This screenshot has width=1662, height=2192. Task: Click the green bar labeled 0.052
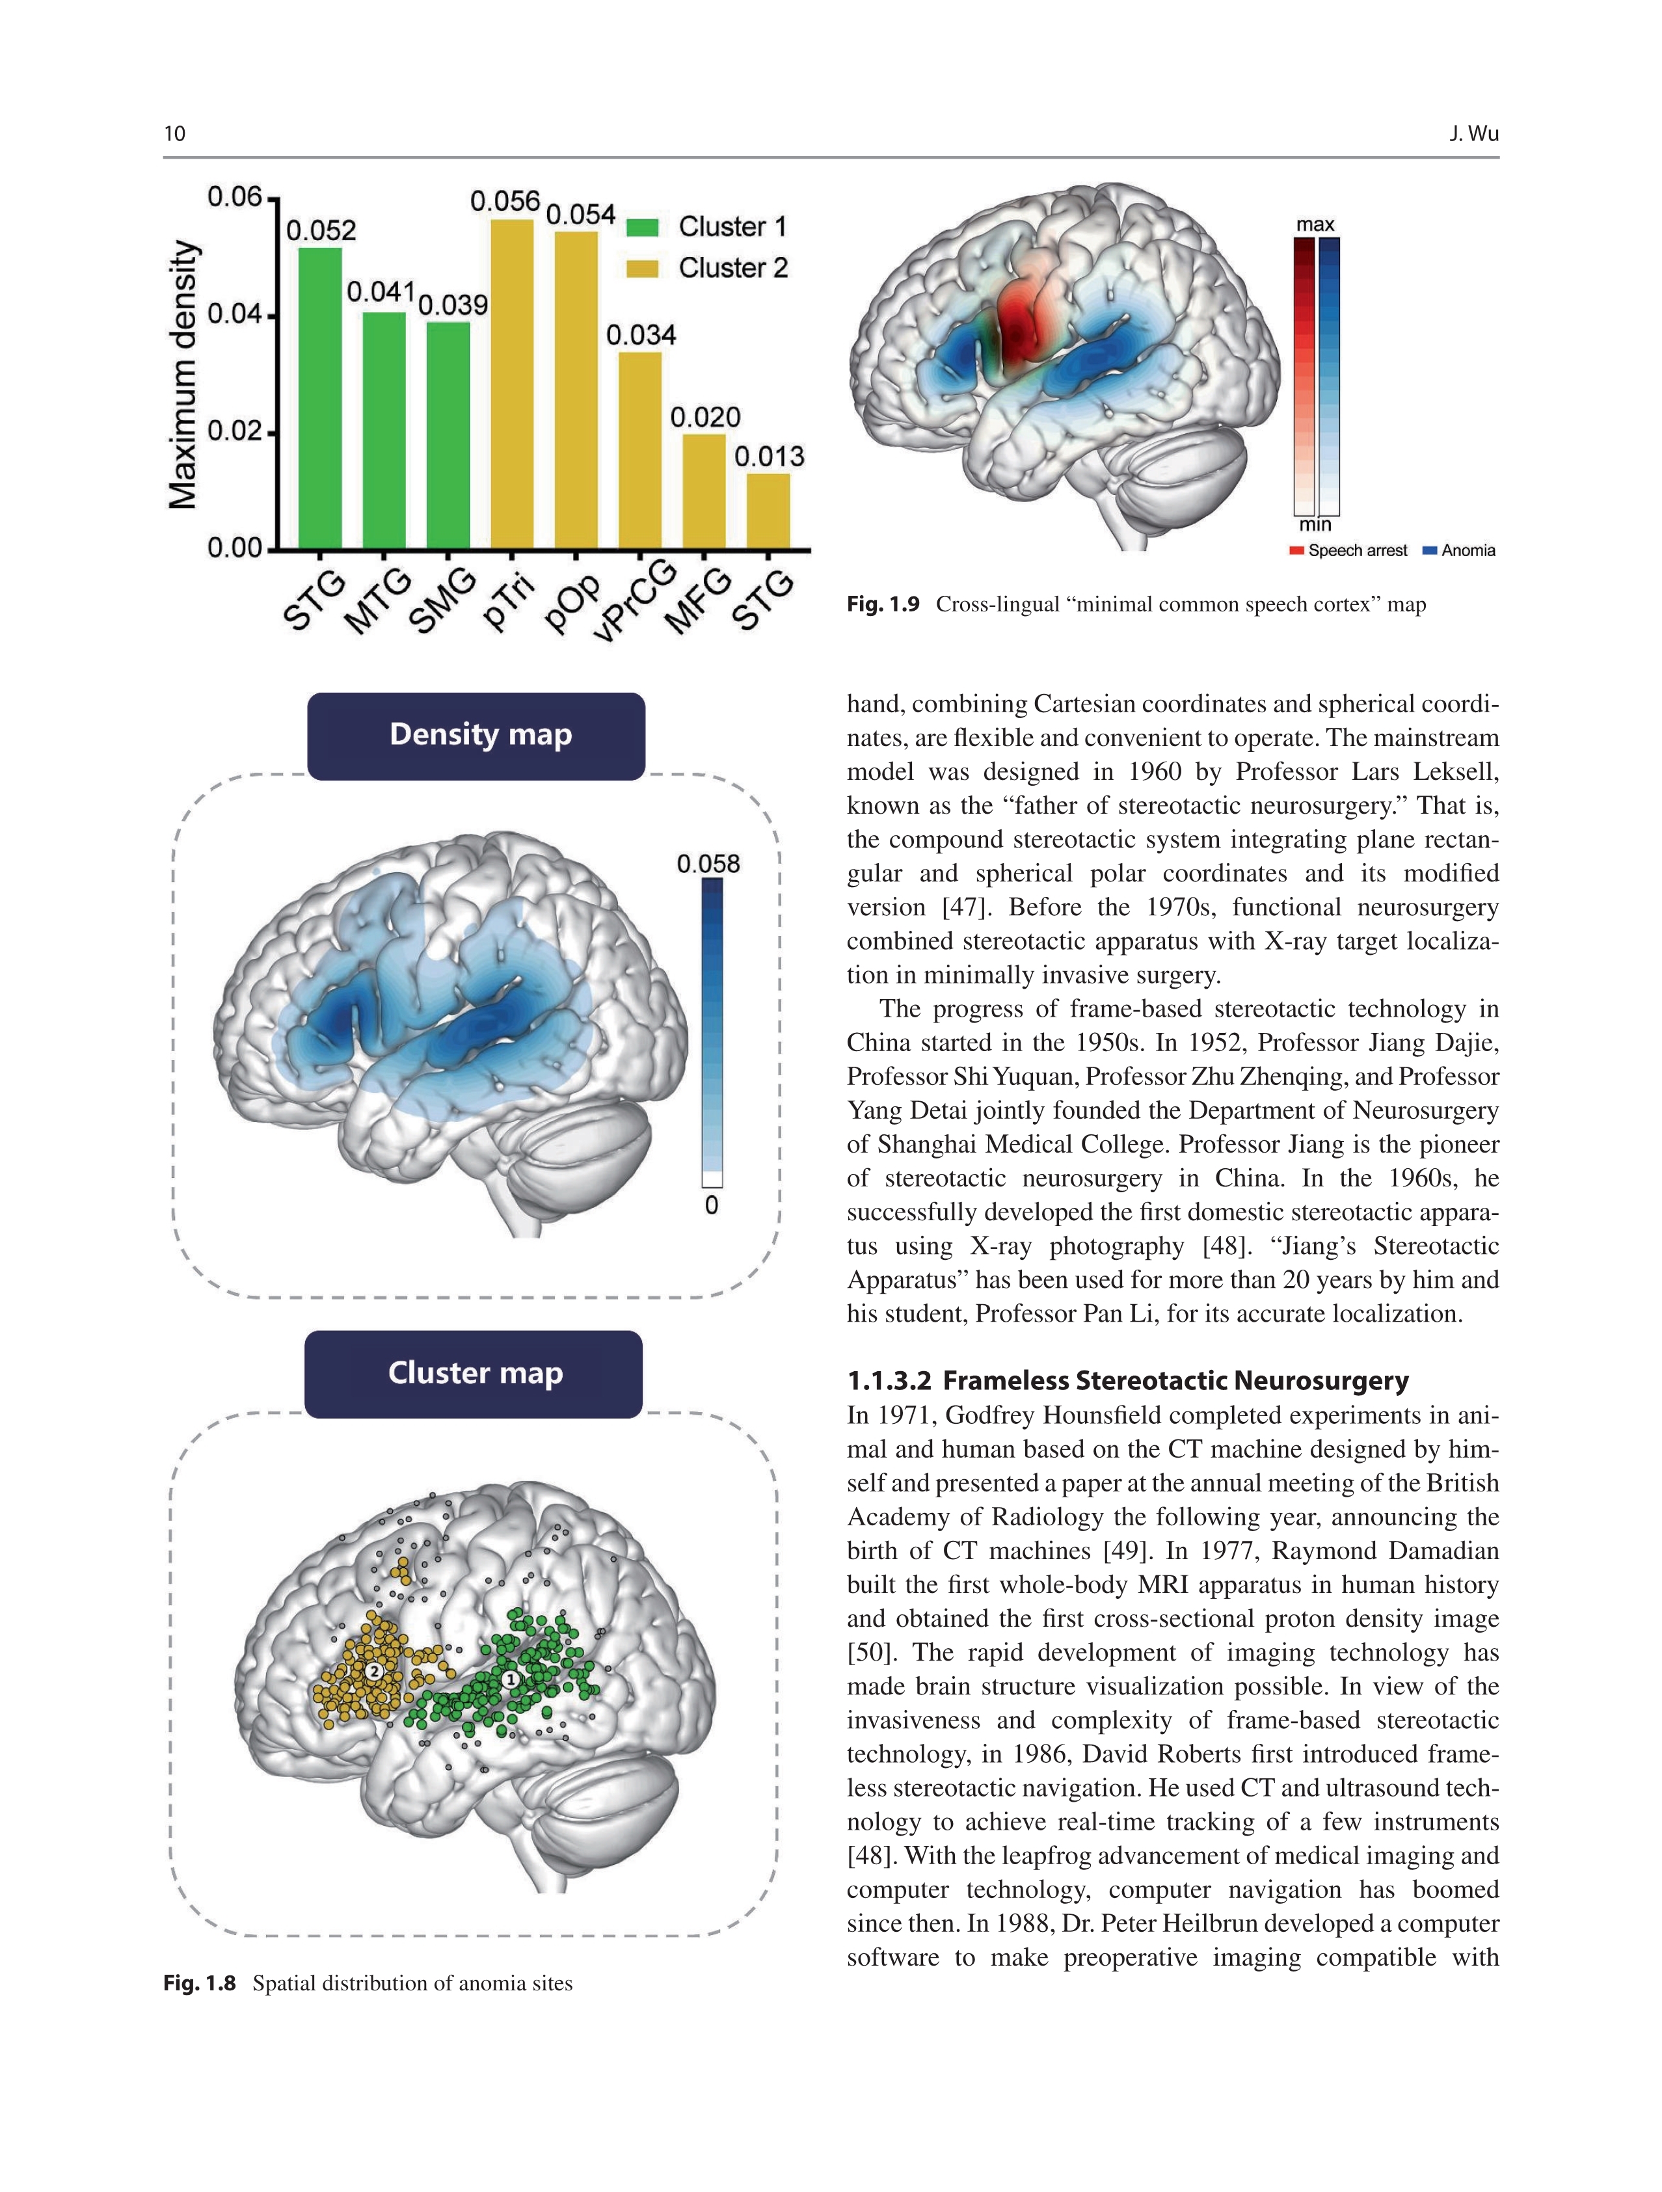point(320,396)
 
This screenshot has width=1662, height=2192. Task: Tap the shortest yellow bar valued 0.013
point(768,511)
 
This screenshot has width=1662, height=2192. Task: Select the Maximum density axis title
point(183,375)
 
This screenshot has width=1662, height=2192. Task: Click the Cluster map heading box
point(474,1374)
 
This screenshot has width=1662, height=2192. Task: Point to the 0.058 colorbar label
point(708,864)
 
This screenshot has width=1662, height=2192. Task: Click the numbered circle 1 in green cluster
point(511,1679)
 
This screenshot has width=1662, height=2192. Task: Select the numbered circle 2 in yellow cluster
point(373,1671)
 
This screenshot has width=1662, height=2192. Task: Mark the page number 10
point(174,134)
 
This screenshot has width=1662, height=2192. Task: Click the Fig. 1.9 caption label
point(883,604)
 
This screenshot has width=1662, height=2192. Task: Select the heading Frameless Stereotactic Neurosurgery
point(1128,1380)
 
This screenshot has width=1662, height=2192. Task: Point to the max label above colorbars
point(1315,225)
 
